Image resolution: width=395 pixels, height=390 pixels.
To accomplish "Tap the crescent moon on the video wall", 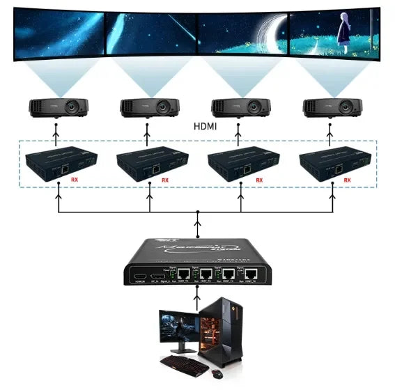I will click(x=249, y=32).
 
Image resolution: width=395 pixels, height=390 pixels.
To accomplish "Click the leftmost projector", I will click(x=58, y=107).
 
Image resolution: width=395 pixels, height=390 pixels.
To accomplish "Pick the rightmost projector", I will click(x=333, y=107).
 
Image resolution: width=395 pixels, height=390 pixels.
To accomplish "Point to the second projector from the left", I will click(x=149, y=107).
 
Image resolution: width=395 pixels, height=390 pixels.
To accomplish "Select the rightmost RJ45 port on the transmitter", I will click(x=254, y=274).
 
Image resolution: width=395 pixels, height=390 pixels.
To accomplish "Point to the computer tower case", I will click(x=222, y=331).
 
